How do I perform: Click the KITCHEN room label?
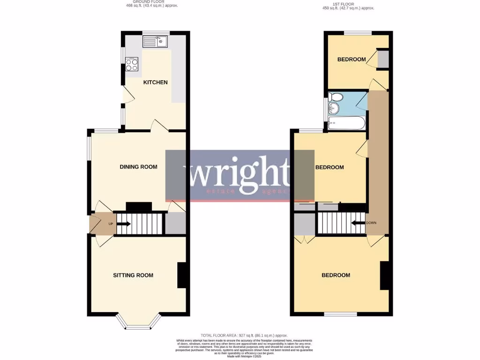coord(155,82)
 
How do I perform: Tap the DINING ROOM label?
coord(138,167)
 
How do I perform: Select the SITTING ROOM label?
coord(133,276)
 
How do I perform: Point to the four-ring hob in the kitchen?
coord(132,64)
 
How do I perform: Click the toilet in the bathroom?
coord(336,97)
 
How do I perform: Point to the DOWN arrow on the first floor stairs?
coord(359,223)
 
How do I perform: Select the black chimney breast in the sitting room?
coord(183,275)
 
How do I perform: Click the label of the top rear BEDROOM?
coord(352,60)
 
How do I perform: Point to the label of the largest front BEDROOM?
coord(336,275)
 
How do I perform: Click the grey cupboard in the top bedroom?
coord(383,59)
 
